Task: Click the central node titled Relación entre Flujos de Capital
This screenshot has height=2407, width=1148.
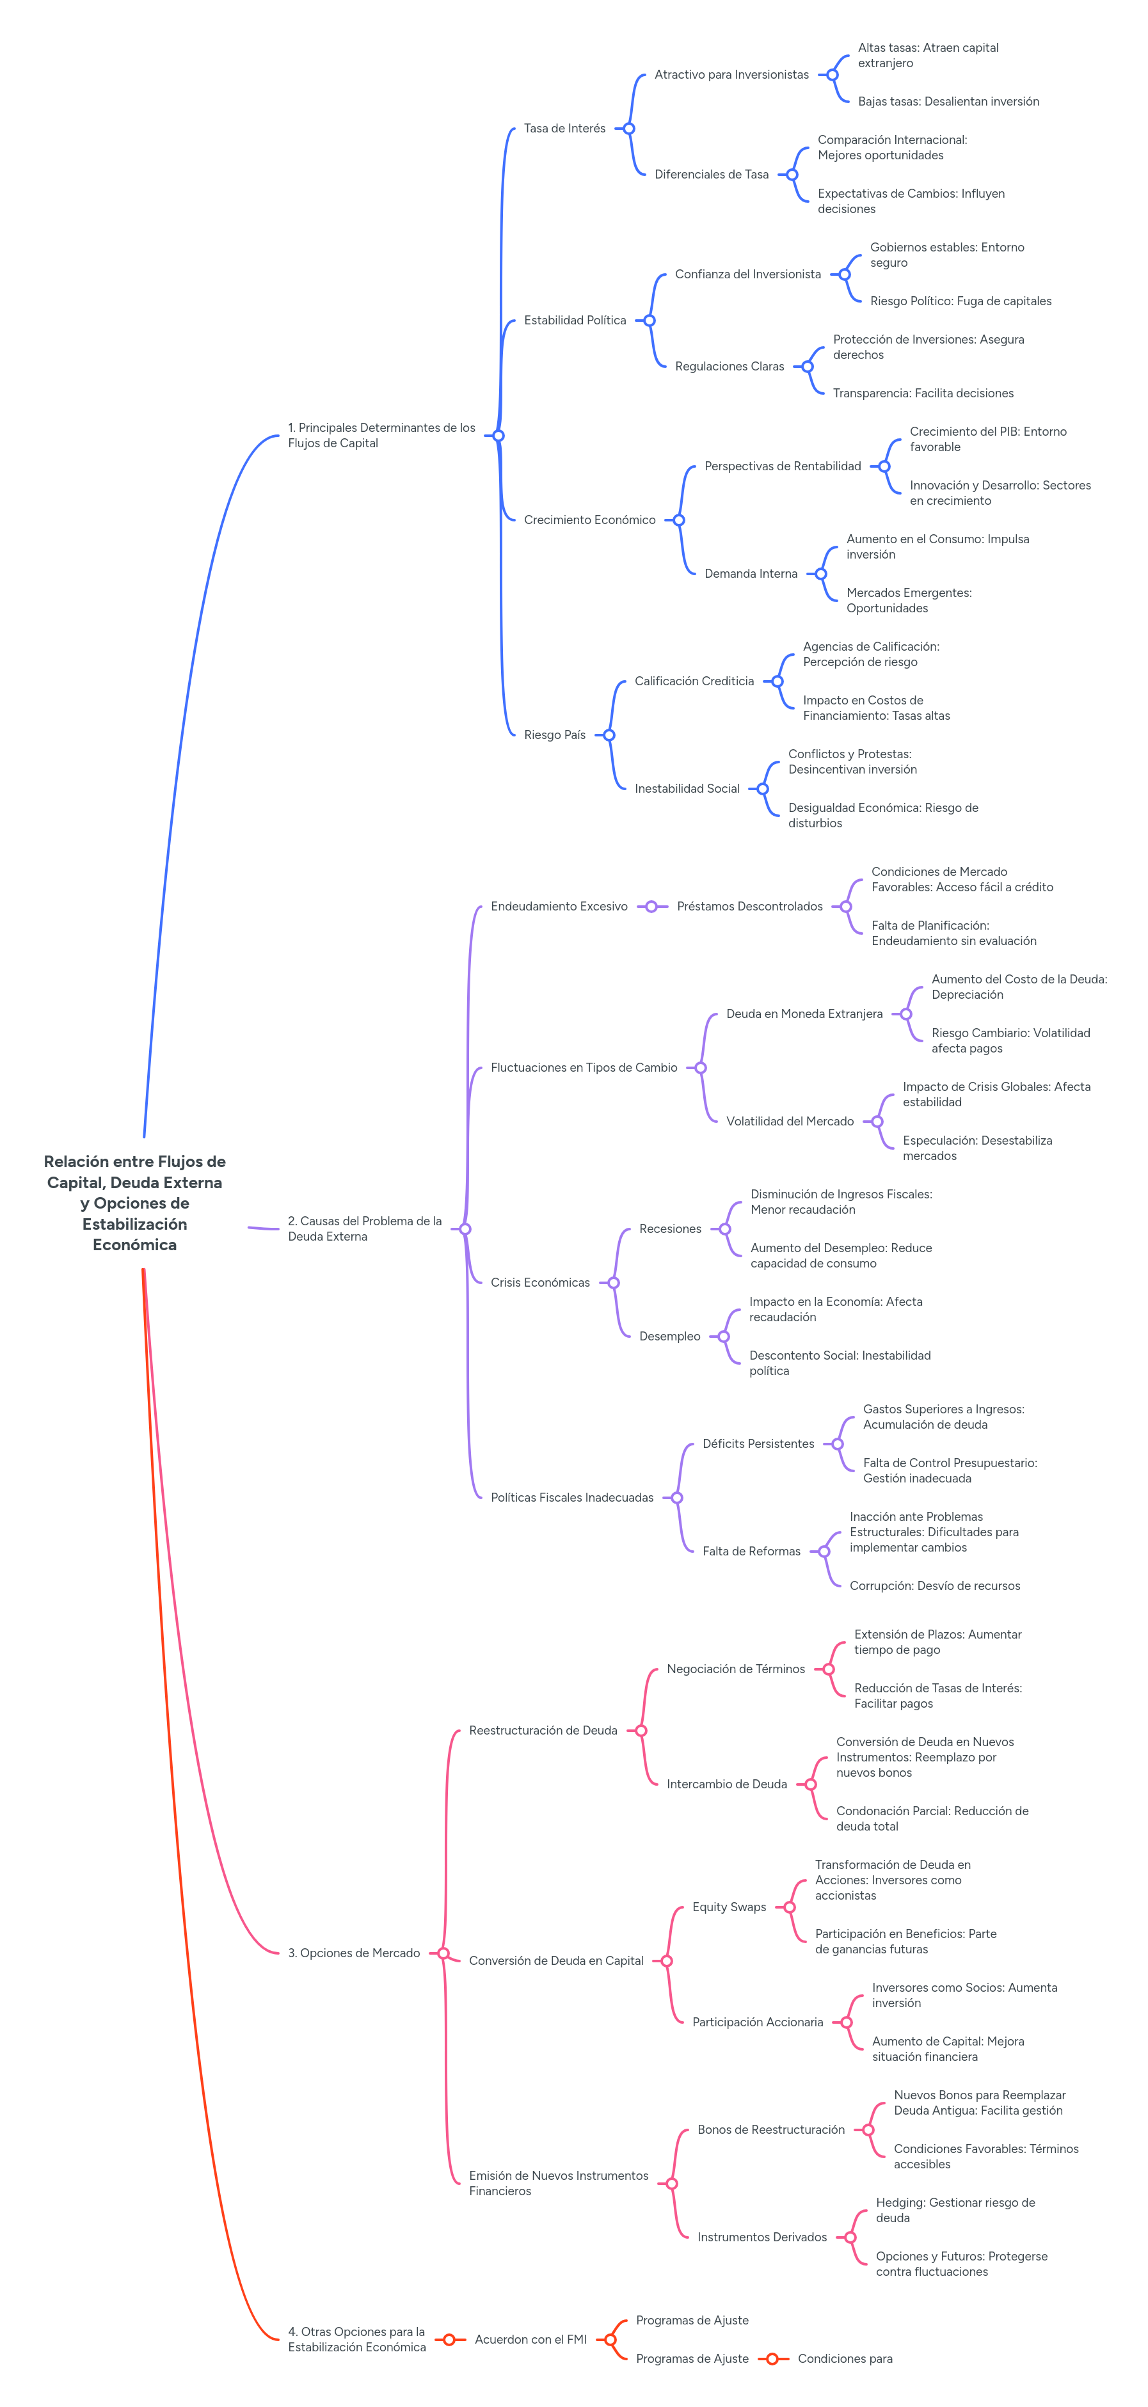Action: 134,1203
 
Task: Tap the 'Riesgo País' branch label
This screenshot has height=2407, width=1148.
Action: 554,735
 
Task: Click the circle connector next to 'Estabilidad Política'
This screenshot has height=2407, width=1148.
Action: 649,321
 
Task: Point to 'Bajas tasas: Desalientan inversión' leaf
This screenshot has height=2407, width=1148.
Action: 948,102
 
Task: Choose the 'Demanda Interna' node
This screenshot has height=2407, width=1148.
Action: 751,574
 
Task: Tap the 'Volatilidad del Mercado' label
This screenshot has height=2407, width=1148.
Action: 789,1121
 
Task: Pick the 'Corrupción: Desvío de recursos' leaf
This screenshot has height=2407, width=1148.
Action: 934,1585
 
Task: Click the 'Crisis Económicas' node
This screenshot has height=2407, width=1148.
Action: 539,1283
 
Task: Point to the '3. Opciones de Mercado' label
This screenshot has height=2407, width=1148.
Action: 353,1953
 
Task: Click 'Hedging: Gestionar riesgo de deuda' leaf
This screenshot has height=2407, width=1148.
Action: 955,2210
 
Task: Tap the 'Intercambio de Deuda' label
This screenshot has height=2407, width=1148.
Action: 726,1784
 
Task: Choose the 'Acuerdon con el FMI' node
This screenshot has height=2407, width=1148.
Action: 530,2340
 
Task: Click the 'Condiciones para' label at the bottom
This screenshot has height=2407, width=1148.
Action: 844,2360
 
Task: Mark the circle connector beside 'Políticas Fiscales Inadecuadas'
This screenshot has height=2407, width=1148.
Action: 677,1498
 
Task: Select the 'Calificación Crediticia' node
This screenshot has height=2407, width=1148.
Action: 694,681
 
